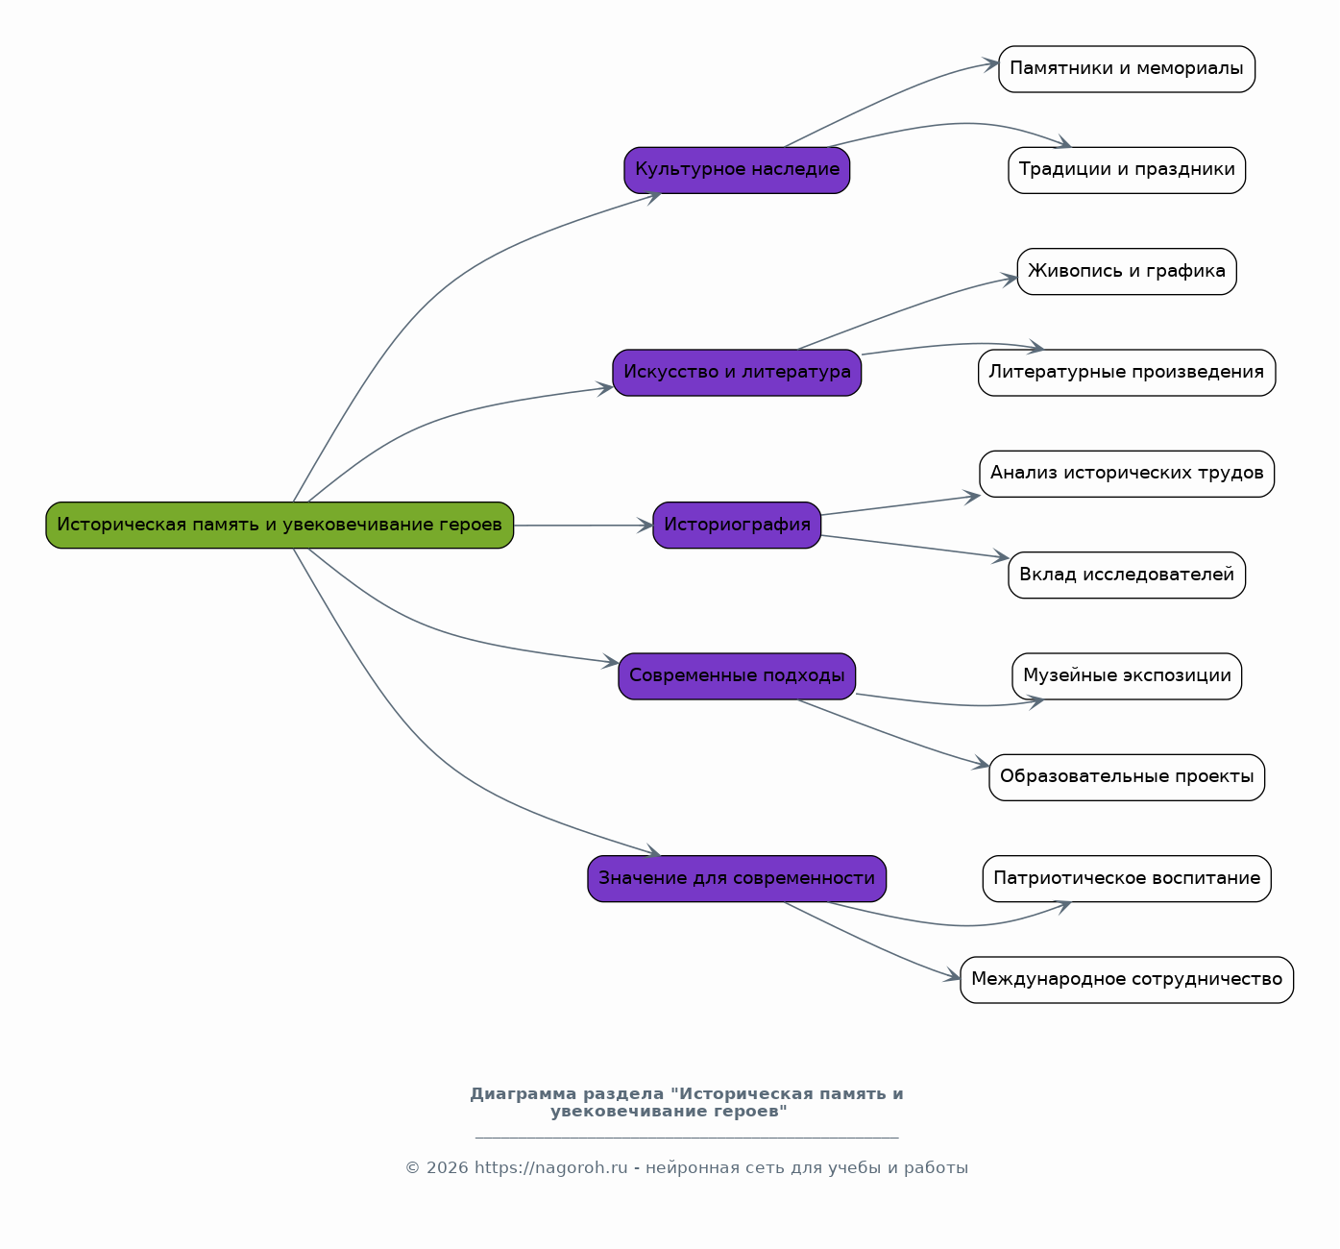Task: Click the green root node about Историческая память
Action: tap(280, 525)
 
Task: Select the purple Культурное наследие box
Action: tap(737, 170)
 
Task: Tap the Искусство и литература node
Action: tap(737, 373)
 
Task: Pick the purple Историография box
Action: tap(737, 525)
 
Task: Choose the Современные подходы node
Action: tap(737, 675)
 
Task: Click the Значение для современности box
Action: tap(737, 878)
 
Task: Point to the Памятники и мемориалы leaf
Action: tap(1127, 69)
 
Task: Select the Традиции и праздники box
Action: tap(1127, 170)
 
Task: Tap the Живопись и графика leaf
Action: tap(1127, 271)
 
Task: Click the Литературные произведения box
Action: tap(1127, 373)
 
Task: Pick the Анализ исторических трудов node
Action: tap(1127, 474)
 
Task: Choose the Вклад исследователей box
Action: tap(1127, 575)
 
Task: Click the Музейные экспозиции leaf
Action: tap(1127, 675)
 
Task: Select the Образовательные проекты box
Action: tap(1127, 777)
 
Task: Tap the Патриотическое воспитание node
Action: tap(1127, 878)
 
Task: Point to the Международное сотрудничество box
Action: tap(1127, 980)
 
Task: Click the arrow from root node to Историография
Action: tap(584, 526)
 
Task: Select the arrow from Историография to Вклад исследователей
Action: tap(914, 547)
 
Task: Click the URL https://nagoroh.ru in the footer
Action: tap(550, 1167)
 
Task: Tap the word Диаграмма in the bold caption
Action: tap(524, 1093)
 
